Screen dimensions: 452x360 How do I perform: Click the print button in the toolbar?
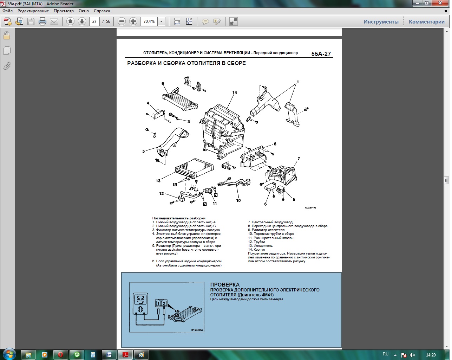pyautogui.click(x=42, y=21)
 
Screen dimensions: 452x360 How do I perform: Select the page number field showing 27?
pyautogui.click(x=94, y=21)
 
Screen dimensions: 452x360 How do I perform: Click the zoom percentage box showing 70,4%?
pyautogui.click(x=149, y=21)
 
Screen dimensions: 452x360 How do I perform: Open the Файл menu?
pyautogui.click(x=8, y=11)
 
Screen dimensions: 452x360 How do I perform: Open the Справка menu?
pyautogui.click(x=101, y=11)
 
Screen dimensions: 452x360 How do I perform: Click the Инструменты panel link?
pyautogui.click(x=381, y=22)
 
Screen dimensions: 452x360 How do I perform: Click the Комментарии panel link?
pyautogui.click(x=426, y=22)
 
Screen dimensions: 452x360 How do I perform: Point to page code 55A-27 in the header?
pyautogui.click(x=321, y=54)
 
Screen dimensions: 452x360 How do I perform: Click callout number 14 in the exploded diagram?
pyautogui.click(x=235, y=92)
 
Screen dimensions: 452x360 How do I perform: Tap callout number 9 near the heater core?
pyautogui.click(x=163, y=83)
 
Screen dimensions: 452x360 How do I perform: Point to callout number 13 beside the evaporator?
pyautogui.click(x=158, y=181)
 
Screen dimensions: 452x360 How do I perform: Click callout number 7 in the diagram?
pyautogui.click(x=299, y=159)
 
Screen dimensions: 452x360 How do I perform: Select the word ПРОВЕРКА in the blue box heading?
pyautogui.click(x=225, y=284)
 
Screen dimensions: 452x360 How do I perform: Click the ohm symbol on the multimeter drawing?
pyautogui.click(x=140, y=298)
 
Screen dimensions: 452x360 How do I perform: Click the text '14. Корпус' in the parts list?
pyautogui.click(x=256, y=250)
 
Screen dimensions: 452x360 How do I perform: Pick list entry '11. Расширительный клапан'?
pyautogui.click(x=271, y=238)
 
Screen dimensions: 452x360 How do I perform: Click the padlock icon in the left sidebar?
pyautogui.click(x=7, y=36)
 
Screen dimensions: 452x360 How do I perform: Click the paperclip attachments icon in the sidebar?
pyautogui.click(x=7, y=66)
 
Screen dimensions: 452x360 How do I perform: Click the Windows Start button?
pyautogui.click(x=9, y=354)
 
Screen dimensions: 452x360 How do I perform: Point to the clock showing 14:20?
pyautogui.click(x=431, y=355)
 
